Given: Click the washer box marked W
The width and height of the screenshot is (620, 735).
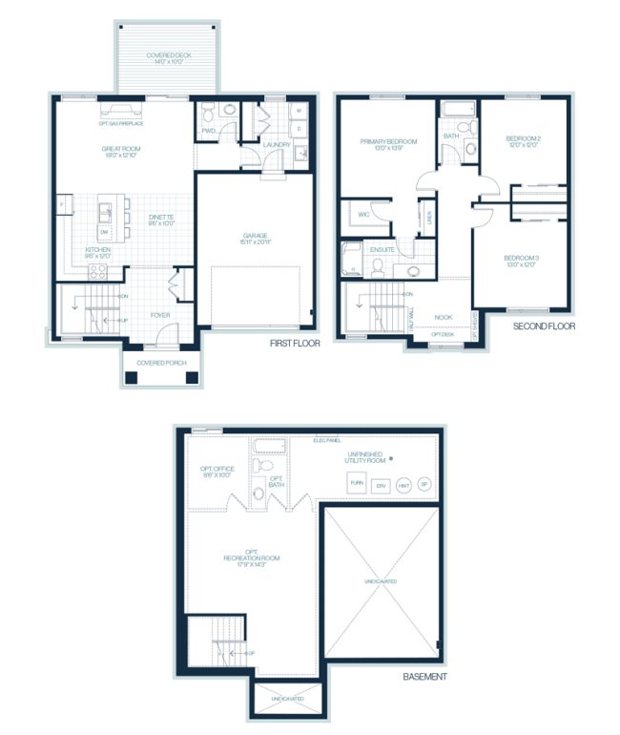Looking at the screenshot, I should (298, 111).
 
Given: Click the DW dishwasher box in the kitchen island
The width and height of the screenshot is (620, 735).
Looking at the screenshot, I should (104, 233).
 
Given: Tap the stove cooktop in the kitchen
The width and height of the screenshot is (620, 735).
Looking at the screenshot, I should (97, 271).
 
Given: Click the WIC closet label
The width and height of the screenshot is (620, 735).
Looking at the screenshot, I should (362, 216).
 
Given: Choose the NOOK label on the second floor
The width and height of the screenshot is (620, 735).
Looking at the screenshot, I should (443, 317).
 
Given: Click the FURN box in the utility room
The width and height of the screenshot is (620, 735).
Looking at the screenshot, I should (357, 485).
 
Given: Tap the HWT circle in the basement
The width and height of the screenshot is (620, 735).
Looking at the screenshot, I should (403, 485).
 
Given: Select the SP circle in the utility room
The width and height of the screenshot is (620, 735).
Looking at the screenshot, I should (424, 485).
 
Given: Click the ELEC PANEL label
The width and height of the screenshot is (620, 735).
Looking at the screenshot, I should (328, 440).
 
